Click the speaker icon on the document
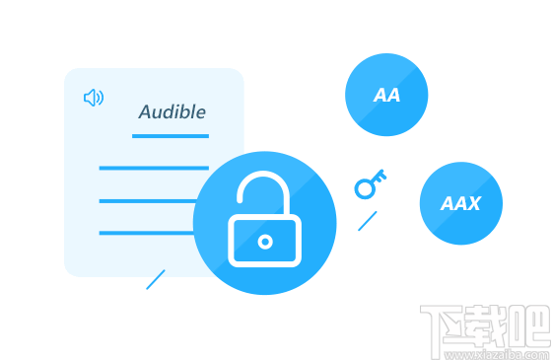coord(94,98)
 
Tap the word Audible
coord(173,111)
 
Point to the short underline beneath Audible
coord(171,135)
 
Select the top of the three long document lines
coord(154,168)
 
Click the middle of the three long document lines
coord(148,200)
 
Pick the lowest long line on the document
coord(147,233)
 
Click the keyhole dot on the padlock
coord(264,241)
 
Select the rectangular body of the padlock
coord(264,241)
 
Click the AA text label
coord(386,96)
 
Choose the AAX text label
coord(460,204)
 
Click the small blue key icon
coord(370,183)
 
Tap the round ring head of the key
coord(364,187)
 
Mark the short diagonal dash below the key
coord(367,221)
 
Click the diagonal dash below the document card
coord(155,279)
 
